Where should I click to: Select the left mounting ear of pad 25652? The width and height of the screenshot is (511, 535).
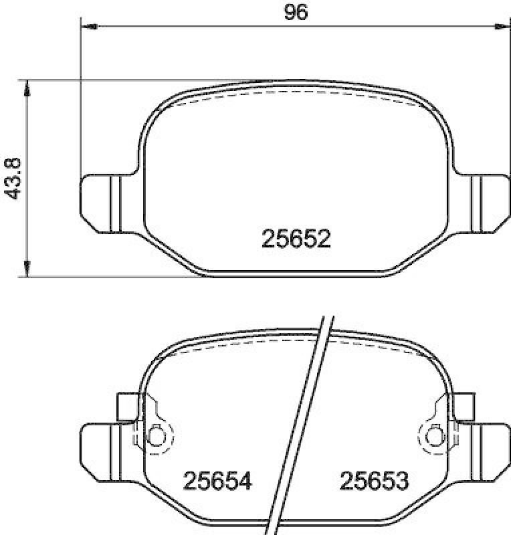[x=100, y=203]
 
